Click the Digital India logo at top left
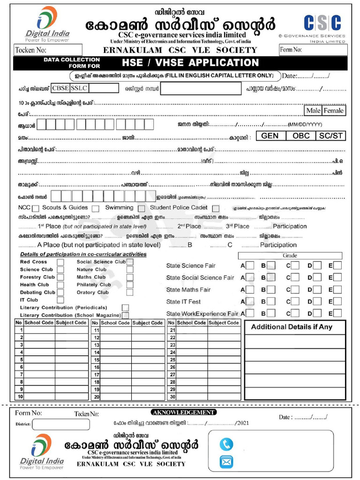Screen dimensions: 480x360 (x=47, y=23)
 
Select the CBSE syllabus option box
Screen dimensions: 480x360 (x=60, y=88)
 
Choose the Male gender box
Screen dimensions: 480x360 (x=312, y=111)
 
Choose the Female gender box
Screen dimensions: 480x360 (x=333, y=111)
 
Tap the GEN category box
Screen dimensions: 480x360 (x=270, y=136)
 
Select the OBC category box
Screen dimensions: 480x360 (x=301, y=136)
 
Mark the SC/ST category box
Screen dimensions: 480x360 (x=331, y=136)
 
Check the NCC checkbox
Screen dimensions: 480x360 (x=36, y=209)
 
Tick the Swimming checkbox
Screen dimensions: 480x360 (x=141, y=209)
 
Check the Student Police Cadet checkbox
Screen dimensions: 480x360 (x=216, y=209)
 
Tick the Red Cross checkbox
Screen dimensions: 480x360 (x=60, y=262)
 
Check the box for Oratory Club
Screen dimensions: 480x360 (x=130, y=292)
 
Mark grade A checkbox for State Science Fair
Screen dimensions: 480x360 (x=250, y=265)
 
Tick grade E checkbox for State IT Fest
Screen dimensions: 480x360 (x=337, y=301)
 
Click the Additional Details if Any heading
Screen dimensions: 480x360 (x=292, y=327)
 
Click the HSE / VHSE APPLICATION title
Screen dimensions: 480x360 (x=190, y=63)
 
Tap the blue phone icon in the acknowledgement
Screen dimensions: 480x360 (x=226, y=444)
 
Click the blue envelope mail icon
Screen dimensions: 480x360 (x=226, y=463)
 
